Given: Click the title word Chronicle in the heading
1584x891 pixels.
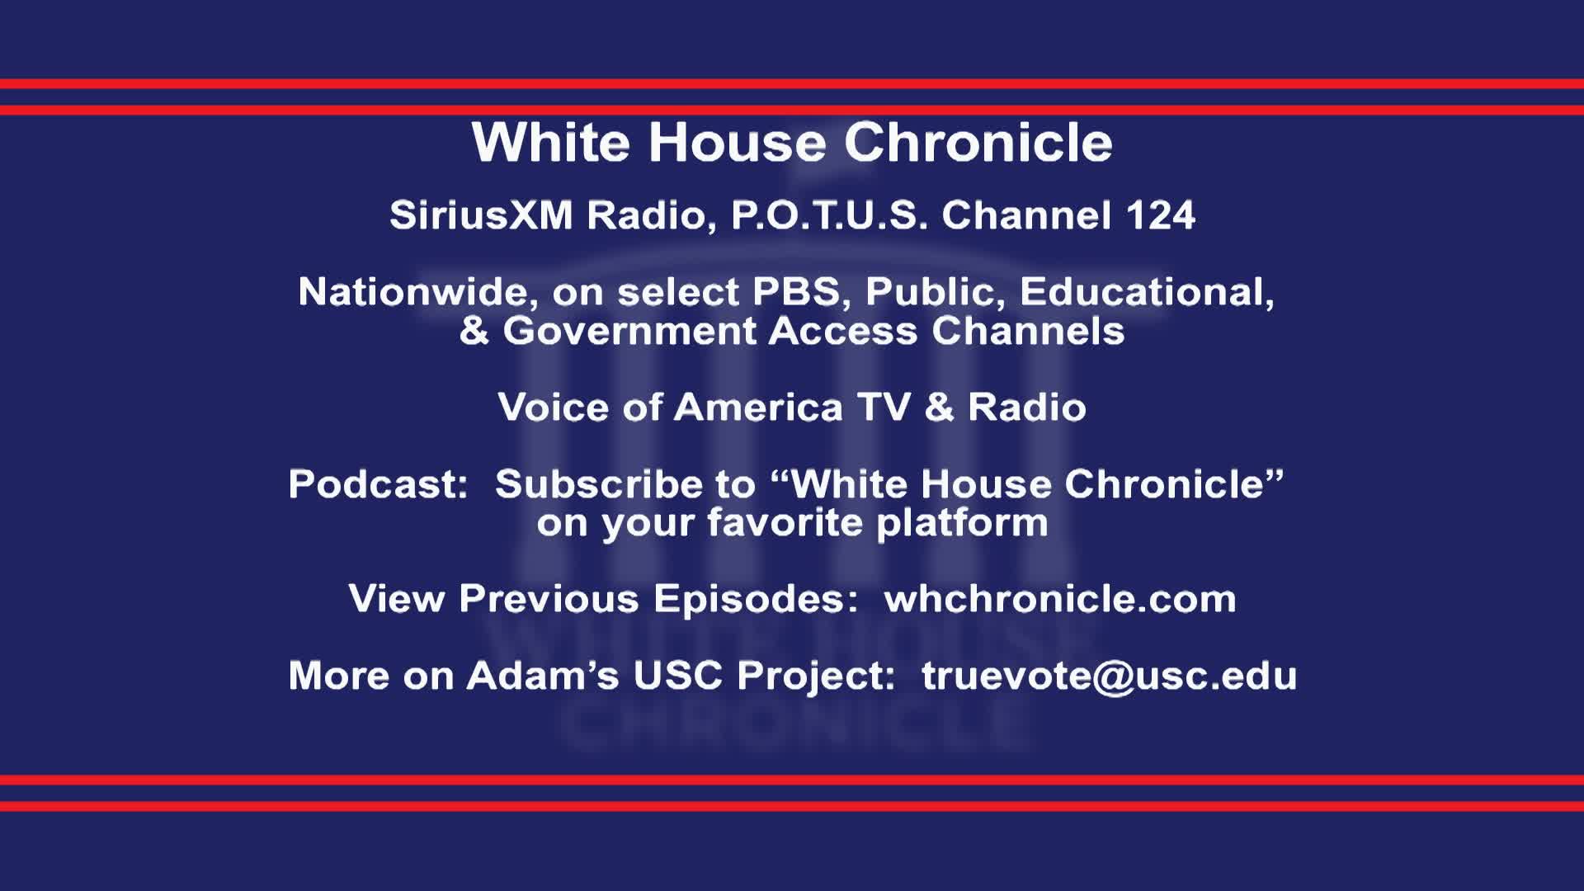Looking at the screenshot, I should [x=978, y=143].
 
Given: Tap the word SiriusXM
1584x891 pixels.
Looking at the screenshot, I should [x=481, y=215].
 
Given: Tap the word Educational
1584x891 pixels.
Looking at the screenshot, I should [x=1147, y=292].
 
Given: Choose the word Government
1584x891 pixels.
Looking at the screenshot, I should [x=629, y=332].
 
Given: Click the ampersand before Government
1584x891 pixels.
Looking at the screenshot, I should [x=474, y=332].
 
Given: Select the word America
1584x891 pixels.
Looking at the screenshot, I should [x=758, y=408].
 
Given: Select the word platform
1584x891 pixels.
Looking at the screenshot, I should [x=962, y=523].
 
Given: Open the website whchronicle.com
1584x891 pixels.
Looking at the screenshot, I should [x=1059, y=599].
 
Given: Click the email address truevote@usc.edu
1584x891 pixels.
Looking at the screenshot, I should [x=1109, y=676].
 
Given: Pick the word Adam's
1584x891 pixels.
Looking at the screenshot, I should [x=542, y=676].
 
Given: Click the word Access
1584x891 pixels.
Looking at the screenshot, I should [x=842, y=332].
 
